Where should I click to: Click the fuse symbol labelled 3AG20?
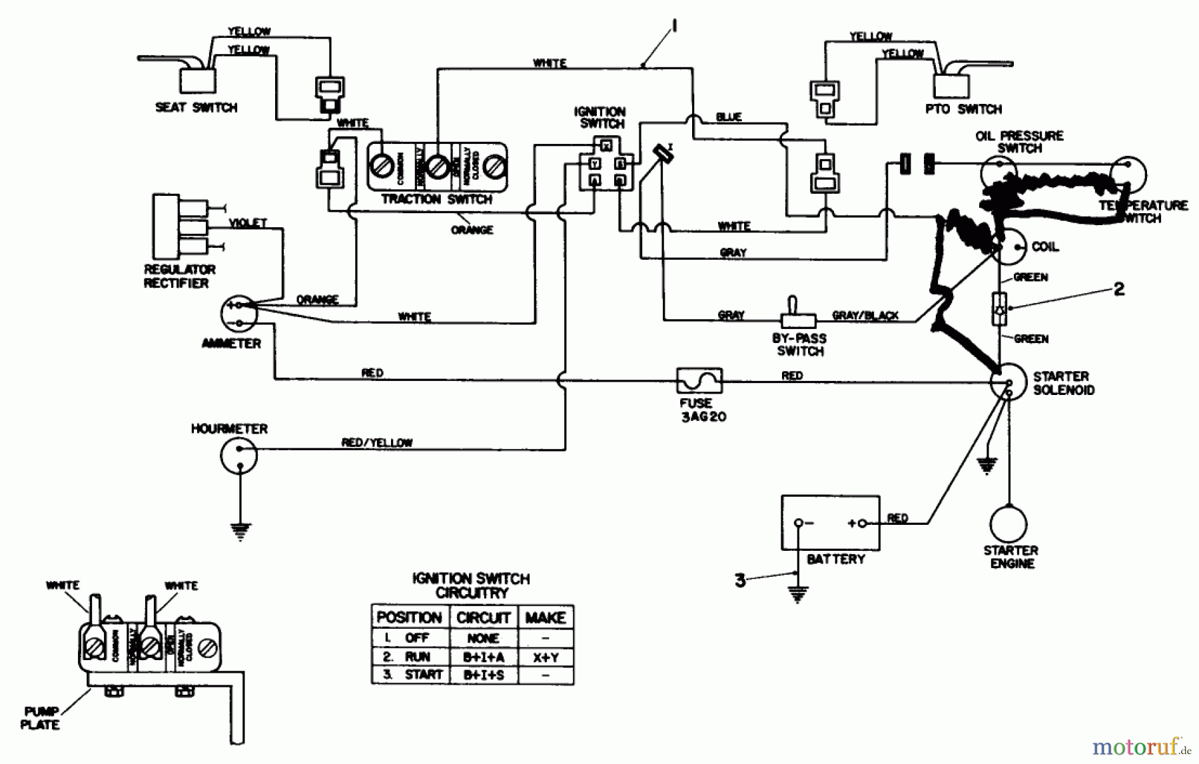(699, 381)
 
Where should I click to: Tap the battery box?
(830, 523)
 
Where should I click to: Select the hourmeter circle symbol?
(238, 456)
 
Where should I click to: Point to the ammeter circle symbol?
(239, 314)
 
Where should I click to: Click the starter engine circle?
(1008, 524)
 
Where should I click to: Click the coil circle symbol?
(1008, 247)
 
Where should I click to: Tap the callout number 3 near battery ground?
(740, 580)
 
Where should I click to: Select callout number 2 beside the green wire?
(1119, 289)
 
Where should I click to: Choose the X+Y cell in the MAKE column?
(546, 657)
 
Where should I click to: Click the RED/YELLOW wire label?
(377, 442)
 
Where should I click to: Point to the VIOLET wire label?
(248, 223)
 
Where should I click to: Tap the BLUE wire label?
(729, 117)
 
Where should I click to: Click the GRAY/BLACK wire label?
(865, 315)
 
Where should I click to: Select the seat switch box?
(197, 81)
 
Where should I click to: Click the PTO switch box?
(951, 86)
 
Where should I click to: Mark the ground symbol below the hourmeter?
(240, 531)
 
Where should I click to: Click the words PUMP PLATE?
(40, 718)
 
